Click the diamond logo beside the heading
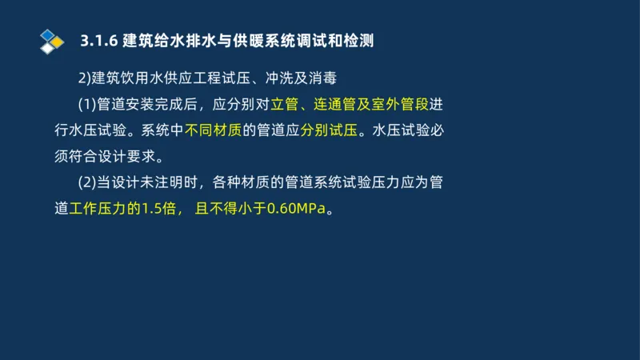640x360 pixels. click(x=51, y=39)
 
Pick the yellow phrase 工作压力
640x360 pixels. click(x=95, y=209)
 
